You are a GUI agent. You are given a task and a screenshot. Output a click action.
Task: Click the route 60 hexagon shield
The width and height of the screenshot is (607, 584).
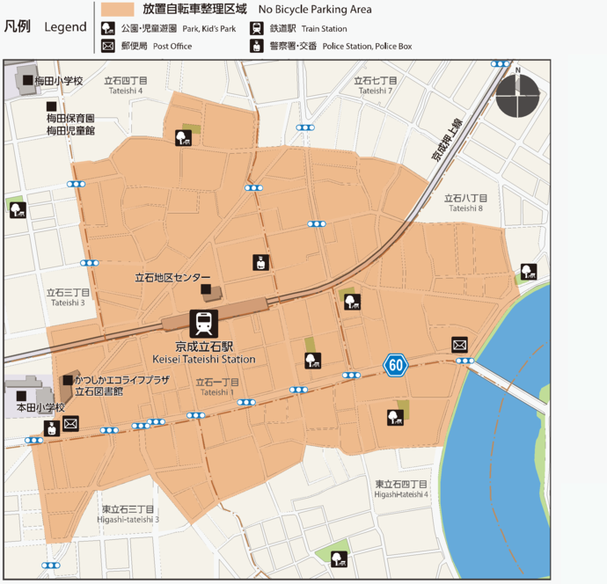pos(395,364)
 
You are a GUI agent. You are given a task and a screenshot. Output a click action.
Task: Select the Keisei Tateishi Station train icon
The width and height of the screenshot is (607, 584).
pos(203,324)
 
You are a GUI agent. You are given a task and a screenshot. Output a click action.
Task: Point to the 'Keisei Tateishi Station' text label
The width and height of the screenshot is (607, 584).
pos(203,359)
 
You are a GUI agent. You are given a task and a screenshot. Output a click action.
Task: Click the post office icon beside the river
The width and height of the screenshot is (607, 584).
pos(459,345)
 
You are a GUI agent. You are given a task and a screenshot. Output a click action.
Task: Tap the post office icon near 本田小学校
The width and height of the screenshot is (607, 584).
pos(70,424)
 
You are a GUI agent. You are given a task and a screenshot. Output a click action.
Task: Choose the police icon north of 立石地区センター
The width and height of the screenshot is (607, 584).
pos(260,262)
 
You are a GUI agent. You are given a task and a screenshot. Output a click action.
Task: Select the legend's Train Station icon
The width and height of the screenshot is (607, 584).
pos(257,29)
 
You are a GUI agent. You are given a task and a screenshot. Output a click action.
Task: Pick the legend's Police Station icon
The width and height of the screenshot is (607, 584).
pos(257,46)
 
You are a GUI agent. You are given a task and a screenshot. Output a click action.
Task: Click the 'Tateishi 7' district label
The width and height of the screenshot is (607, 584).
pos(374,91)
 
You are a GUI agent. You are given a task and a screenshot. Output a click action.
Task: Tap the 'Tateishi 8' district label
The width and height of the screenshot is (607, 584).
pos(465,208)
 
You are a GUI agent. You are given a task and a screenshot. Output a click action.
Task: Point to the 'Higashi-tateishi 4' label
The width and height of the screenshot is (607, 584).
pos(401,494)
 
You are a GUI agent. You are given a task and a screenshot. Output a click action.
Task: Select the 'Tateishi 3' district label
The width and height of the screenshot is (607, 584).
pos(68,303)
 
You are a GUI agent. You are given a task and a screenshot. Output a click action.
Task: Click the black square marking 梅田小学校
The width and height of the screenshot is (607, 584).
pos(28,80)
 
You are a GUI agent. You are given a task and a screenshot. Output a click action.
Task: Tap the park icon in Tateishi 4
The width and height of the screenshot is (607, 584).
pos(183,137)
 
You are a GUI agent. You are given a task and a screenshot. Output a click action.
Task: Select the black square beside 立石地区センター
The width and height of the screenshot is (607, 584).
pos(206,289)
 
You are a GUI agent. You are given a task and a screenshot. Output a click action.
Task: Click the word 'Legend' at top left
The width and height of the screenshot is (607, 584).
pos(65,27)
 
